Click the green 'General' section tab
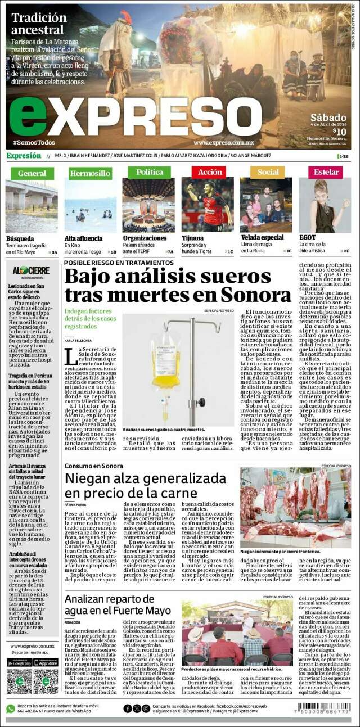31,173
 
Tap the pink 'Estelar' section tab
326,172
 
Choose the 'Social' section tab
268,172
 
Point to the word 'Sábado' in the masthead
328,117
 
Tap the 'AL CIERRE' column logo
31,270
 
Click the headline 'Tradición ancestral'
38,24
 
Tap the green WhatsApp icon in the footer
10,708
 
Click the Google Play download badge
19,662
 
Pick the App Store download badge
46,662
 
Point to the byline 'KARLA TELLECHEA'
78,341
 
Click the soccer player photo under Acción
207,205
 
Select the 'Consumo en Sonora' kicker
93,466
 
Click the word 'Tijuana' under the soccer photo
192,238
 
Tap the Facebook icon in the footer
128,708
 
